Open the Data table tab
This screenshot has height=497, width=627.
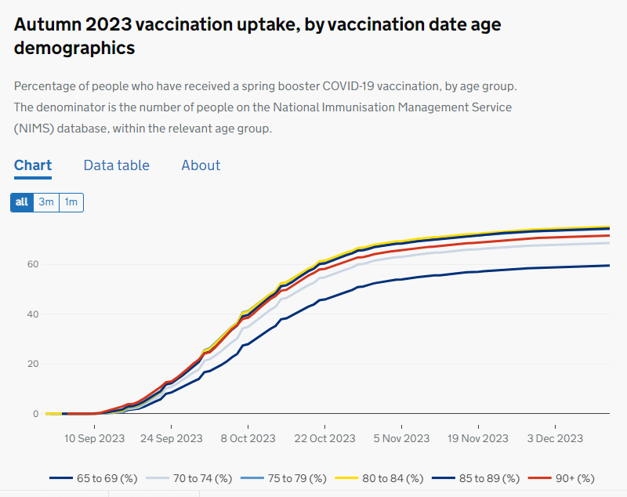click(116, 165)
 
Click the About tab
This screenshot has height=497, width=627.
click(201, 165)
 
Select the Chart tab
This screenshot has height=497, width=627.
click(33, 165)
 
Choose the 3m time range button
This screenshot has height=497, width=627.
click(46, 202)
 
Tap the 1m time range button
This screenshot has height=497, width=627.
click(71, 202)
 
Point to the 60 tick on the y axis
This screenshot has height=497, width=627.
click(32, 264)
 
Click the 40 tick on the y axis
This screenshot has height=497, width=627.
click(32, 314)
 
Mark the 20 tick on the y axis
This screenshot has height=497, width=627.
click(32, 364)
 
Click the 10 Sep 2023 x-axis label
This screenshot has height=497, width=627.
click(95, 439)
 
